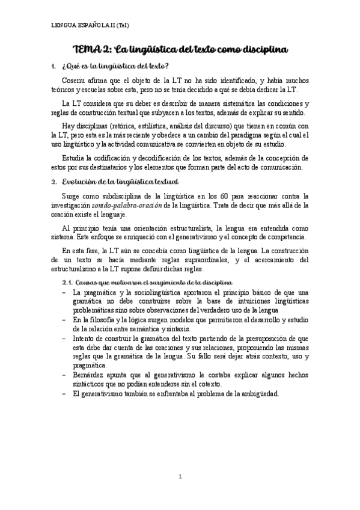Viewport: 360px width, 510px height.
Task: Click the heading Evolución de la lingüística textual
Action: tap(121, 181)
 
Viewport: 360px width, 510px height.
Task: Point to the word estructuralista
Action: tap(177, 229)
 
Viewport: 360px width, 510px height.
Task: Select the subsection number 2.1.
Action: tap(71, 283)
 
